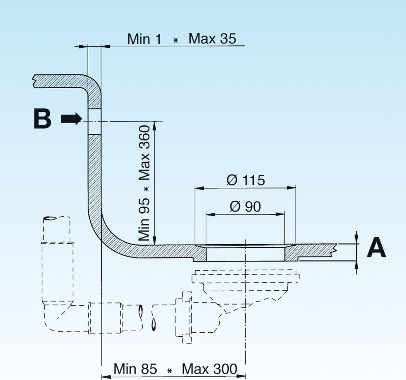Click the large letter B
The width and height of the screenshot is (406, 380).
pos(42,119)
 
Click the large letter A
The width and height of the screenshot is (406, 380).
pos(376,247)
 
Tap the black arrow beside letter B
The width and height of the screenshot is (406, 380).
pos(71,119)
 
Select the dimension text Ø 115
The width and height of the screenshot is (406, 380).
pos(246,180)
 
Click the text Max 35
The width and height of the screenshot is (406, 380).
pos(212,39)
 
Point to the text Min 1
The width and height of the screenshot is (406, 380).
pos(144,39)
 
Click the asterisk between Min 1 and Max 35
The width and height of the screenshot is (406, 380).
pos(175,40)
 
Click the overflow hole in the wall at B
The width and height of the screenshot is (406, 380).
pos(94,121)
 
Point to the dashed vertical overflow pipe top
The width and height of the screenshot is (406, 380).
pos(57,229)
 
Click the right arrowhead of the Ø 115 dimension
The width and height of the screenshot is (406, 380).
pos(291,187)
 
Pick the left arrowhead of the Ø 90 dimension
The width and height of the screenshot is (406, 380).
pos(211,214)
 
